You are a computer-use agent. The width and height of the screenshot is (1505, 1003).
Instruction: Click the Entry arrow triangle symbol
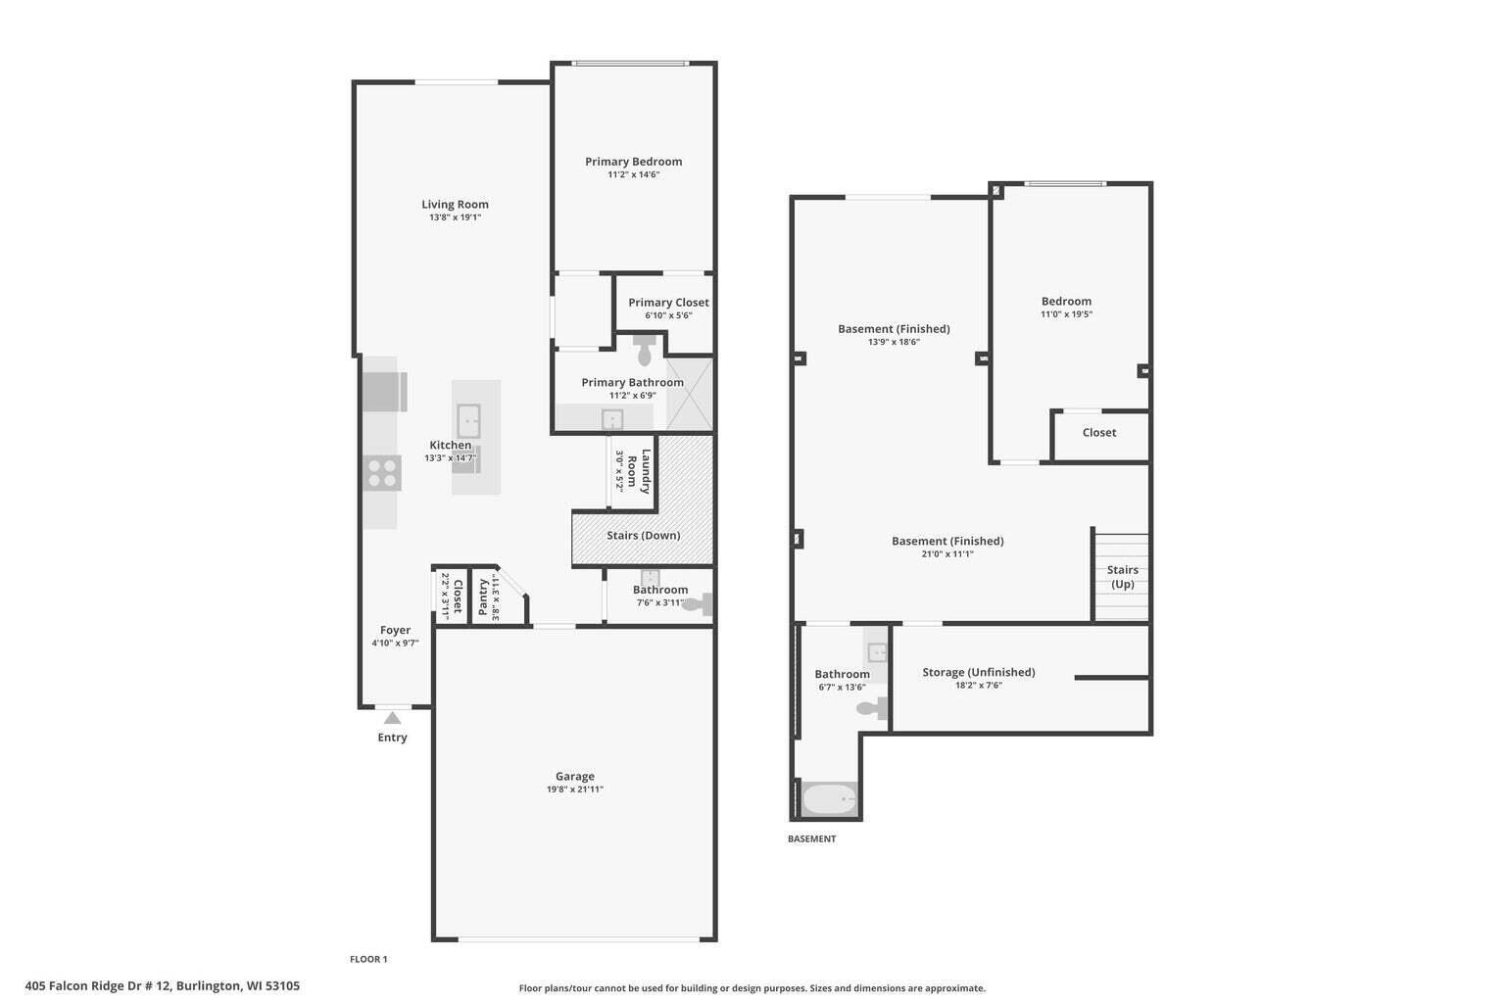pos(392,718)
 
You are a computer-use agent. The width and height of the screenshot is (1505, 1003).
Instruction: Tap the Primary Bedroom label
pos(633,162)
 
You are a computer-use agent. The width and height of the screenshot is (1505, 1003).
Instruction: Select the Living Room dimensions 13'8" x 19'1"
pos(455,217)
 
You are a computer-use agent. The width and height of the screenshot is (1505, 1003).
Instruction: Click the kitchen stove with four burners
pos(382,474)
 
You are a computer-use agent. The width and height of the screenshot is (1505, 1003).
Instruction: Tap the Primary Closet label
pos(668,303)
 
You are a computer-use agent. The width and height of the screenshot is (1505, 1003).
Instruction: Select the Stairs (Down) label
pos(643,536)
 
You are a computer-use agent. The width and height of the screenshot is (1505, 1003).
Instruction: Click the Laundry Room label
pos(639,470)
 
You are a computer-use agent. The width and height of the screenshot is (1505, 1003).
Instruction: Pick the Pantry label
pos(483,597)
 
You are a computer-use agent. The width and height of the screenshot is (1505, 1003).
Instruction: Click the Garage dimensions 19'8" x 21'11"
pos(574,789)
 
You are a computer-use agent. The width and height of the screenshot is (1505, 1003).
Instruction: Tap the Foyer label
pos(395,630)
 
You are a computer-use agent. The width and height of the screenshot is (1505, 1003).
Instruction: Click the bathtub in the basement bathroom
pos(830,799)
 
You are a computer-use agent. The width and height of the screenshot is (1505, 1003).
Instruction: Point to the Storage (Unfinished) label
pos(978,672)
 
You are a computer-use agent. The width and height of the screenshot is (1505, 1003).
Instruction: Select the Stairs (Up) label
pos(1122,577)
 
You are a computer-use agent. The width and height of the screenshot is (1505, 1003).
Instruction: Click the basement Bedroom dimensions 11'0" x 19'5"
pos(1066,314)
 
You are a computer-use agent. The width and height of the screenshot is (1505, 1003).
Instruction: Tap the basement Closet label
pos(1098,433)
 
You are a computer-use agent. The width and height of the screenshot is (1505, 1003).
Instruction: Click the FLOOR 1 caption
pos(368,960)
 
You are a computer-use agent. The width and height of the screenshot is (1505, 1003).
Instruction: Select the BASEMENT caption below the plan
pos(811,839)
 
